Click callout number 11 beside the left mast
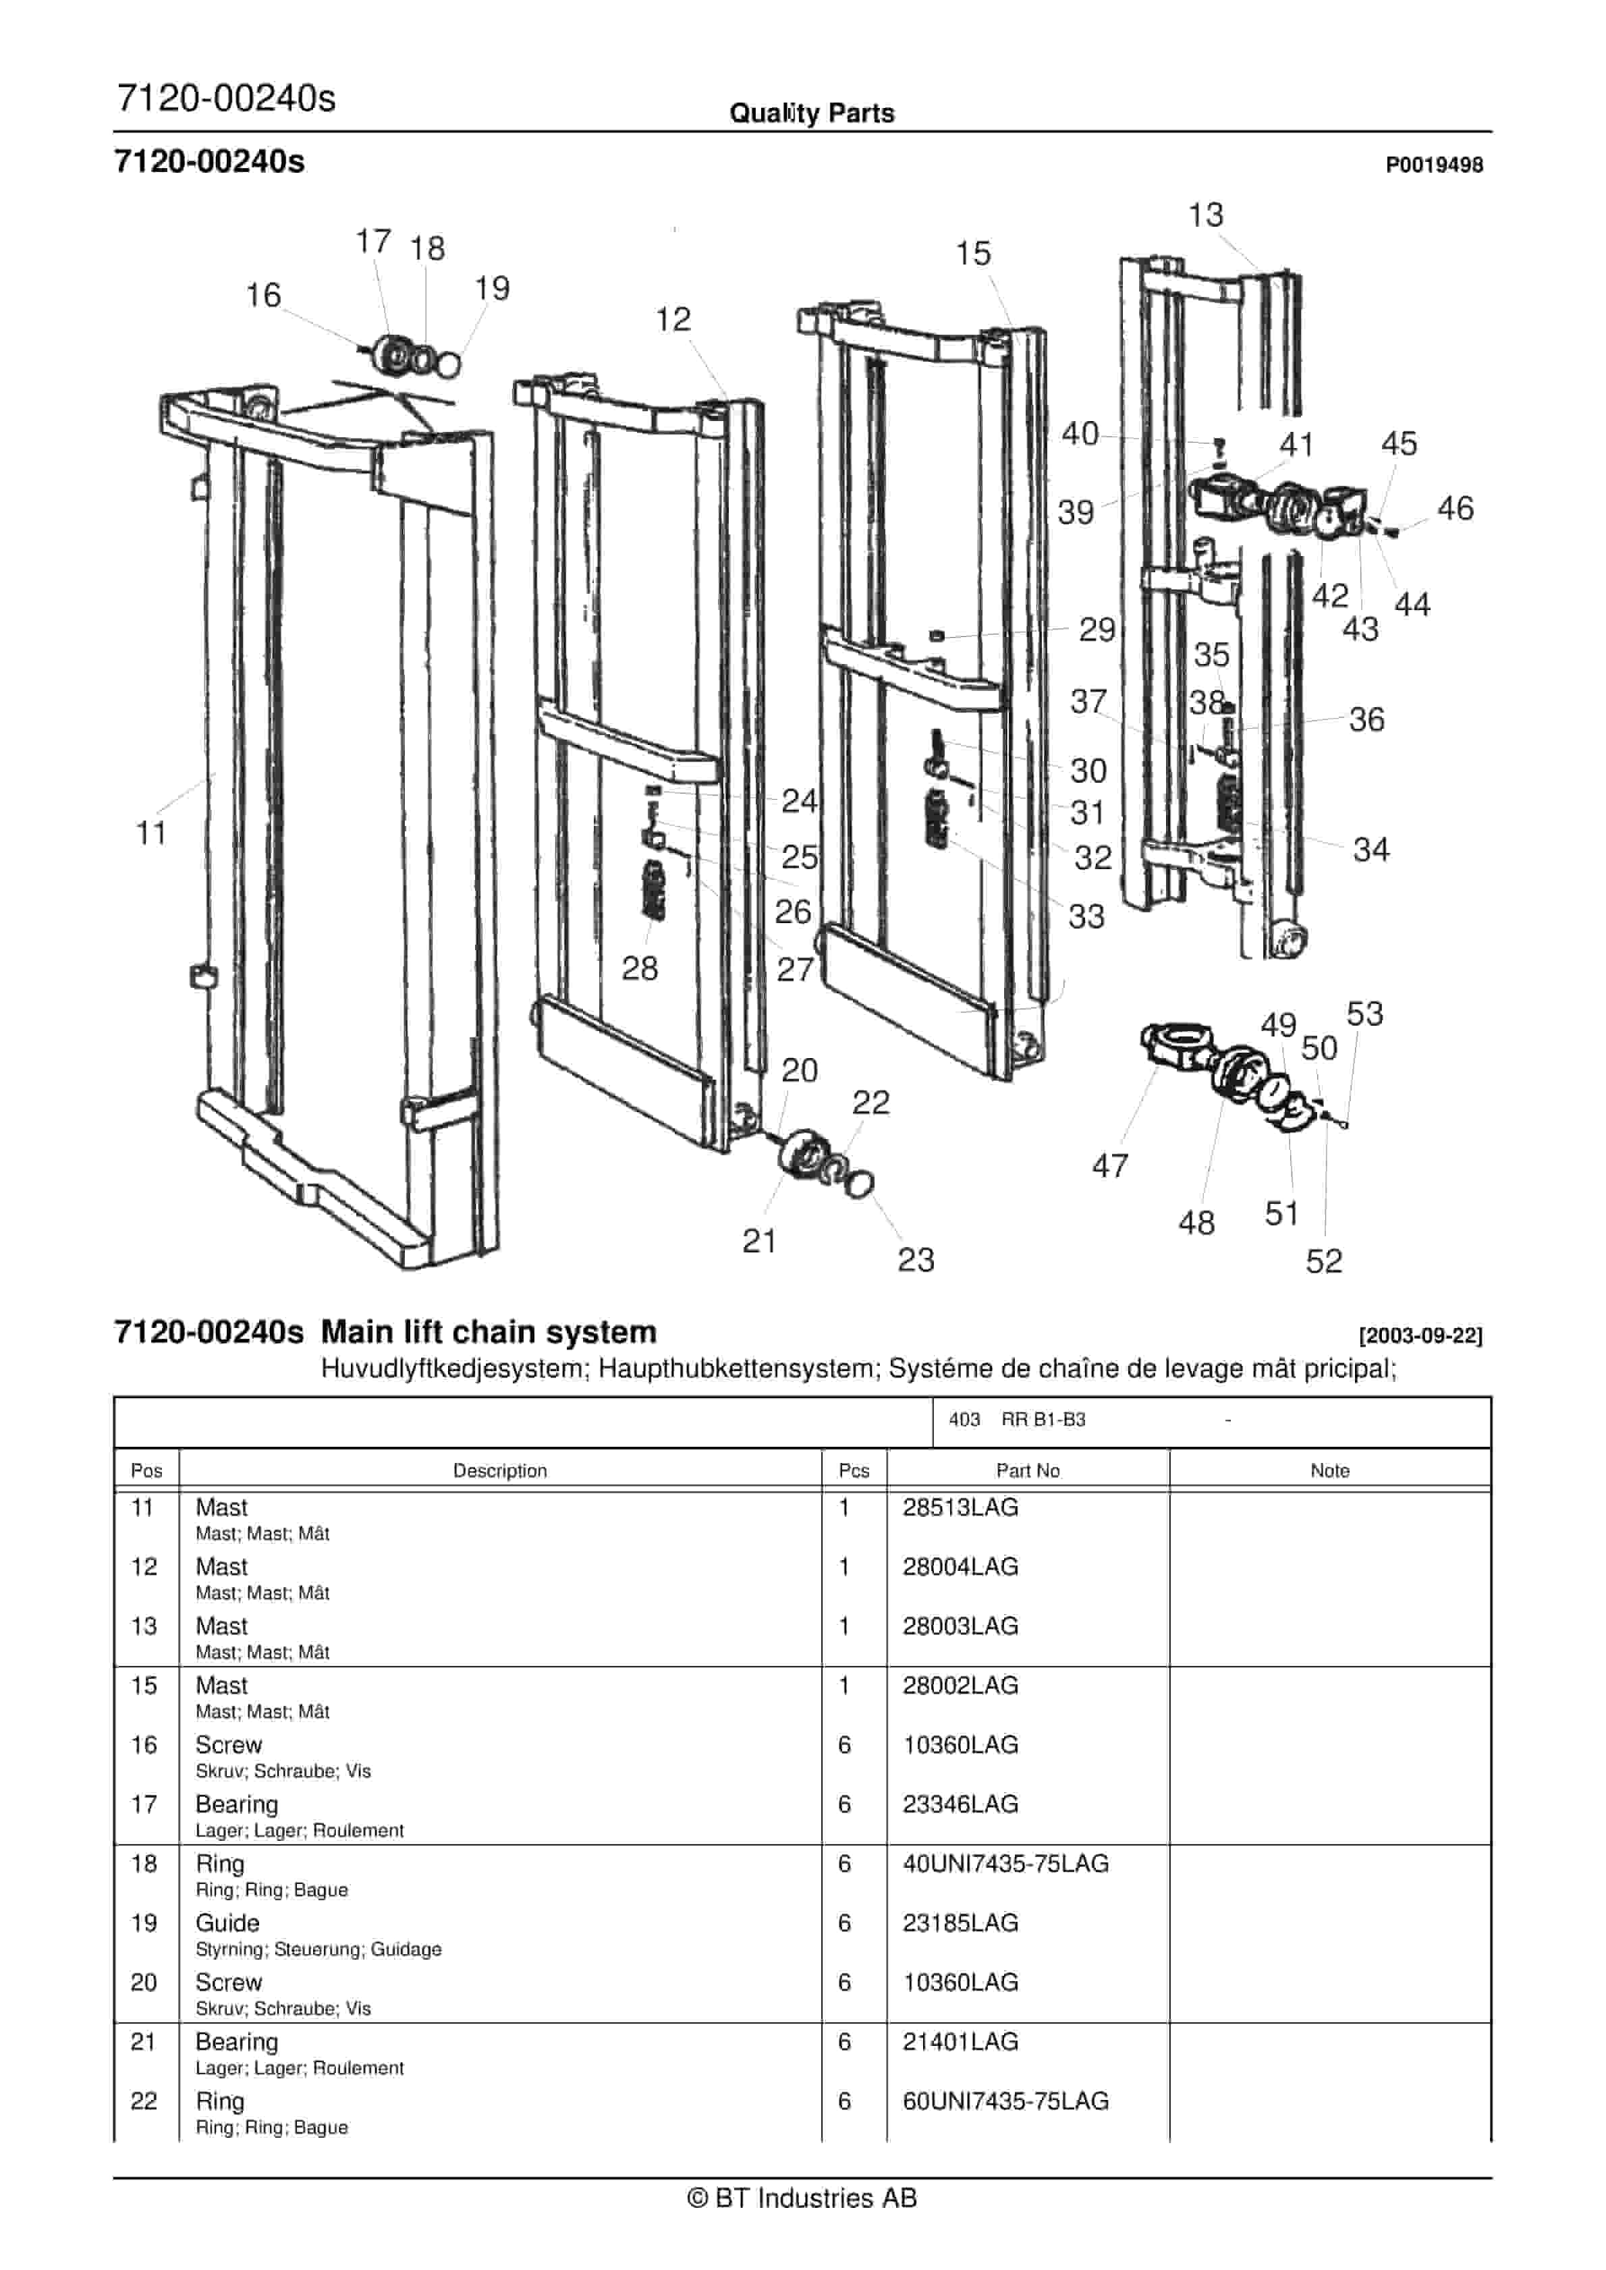point(150,833)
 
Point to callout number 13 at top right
point(1205,215)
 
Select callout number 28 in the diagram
point(639,968)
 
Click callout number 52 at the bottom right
point(1323,1262)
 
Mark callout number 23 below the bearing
point(916,1260)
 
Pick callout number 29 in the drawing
point(1097,630)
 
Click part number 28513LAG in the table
point(960,1507)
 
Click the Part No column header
point(1028,1470)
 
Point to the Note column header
point(1329,1470)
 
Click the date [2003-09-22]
point(1420,1335)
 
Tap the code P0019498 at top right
point(1434,165)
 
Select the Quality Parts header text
point(811,113)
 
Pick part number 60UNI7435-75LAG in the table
point(1005,2100)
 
